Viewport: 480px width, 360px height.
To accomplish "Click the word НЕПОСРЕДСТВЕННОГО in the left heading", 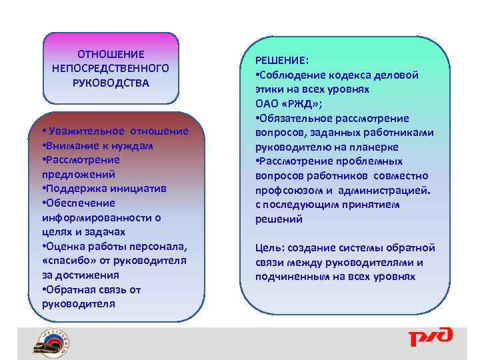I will pos(111,69).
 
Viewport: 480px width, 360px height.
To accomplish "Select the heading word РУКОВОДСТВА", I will pos(111,83).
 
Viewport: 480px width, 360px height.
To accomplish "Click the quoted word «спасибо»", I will pos(66,261).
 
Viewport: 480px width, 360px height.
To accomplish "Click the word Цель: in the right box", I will pos(270,248).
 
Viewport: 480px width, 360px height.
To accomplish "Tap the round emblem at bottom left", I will pos(51,343).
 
